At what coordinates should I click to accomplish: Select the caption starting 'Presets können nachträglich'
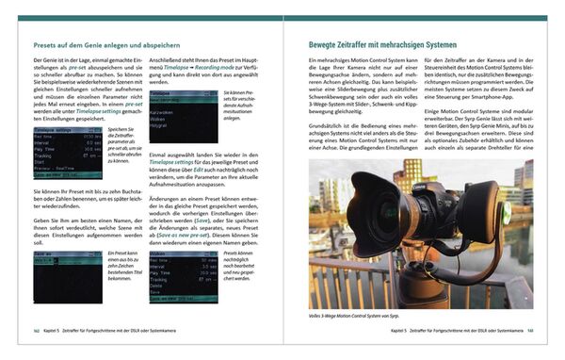tap(242, 266)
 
